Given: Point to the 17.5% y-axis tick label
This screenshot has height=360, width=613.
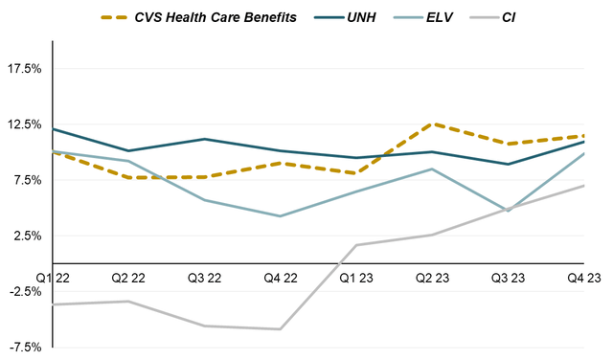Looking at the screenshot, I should (24, 69).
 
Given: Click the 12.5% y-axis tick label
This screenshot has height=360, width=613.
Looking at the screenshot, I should (24, 124).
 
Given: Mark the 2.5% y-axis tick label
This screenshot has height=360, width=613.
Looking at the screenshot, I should (27, 236).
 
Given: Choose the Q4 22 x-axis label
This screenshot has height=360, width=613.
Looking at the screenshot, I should (280, 278).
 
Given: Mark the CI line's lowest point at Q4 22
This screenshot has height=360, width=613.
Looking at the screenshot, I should (280, 329).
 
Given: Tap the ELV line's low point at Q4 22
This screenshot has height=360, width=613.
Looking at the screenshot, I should (280, 216).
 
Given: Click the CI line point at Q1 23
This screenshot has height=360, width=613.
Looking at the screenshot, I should (356, 245).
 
